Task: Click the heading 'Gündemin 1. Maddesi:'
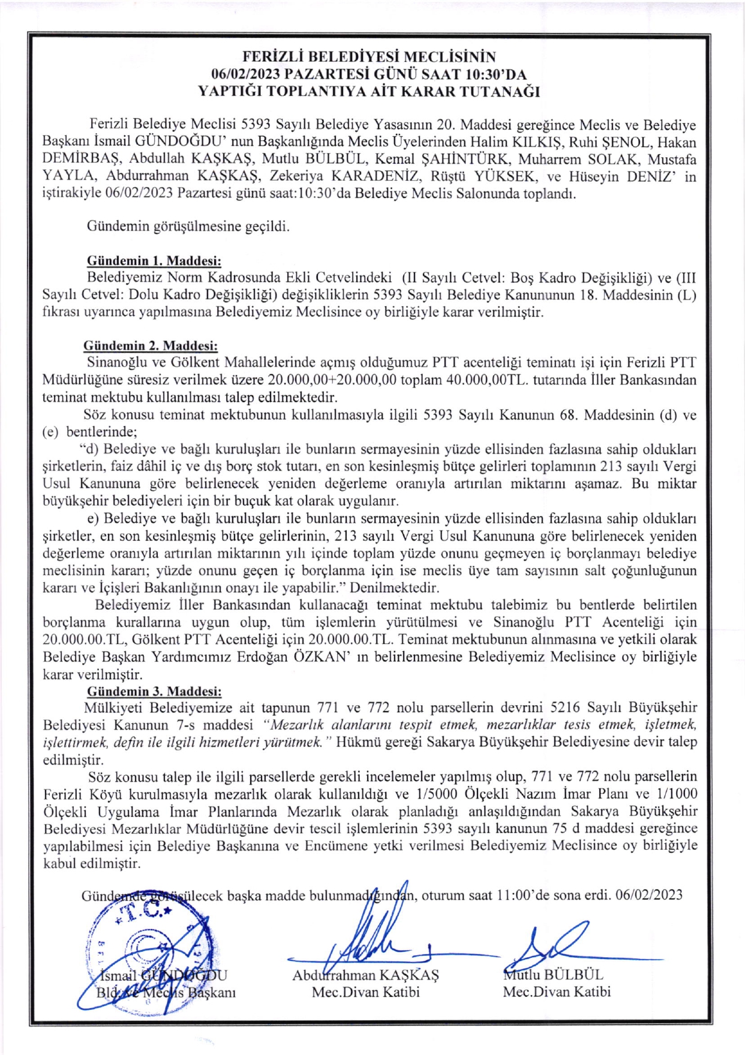tap(154, 261)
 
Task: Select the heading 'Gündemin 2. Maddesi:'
tap(151, 346)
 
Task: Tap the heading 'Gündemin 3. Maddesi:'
tap(154, 691)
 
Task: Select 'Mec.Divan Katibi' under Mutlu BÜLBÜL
tap(556, 992)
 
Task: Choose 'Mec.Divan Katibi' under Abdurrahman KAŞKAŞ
tap(365, 992)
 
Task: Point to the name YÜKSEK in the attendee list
tap(503, 176)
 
